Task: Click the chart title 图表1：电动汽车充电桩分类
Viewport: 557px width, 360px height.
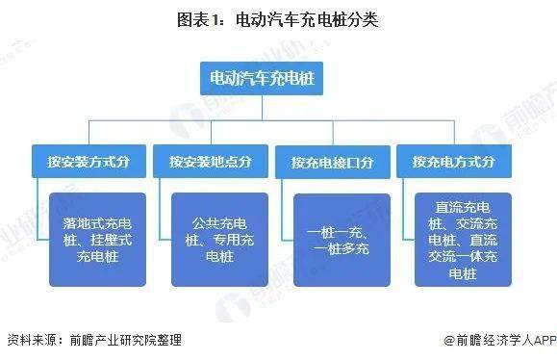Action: pos(278,20)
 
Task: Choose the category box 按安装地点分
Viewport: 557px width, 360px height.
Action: pos(210,161)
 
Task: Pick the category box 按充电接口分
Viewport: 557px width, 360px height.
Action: pos(332,161)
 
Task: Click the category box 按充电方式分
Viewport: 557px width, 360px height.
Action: pos(453,161)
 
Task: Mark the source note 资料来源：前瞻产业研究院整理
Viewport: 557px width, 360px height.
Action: pos(94,340)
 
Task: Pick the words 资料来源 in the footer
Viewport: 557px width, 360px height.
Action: pos(30,340)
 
